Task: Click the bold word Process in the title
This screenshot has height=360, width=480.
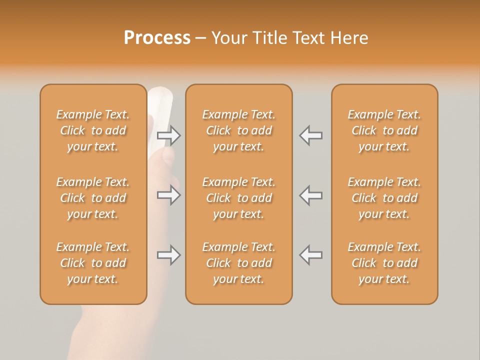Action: point(157,38)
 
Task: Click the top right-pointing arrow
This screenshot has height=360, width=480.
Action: point(169,135)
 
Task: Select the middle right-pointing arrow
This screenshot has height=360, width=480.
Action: point(169,195)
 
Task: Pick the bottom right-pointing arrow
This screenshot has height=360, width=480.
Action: point(169,255)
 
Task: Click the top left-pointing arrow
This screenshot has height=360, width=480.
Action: point(310,135)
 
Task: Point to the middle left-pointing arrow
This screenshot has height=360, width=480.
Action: point(310,195)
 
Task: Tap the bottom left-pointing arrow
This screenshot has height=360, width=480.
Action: point(310,255)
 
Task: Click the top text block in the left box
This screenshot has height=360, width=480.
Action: point(93,130)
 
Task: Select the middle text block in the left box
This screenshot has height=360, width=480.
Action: point(93,198)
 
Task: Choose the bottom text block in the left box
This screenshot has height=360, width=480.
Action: point(93,263)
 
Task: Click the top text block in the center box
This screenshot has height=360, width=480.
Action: point(238,130)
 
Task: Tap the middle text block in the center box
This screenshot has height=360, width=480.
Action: point(238,198)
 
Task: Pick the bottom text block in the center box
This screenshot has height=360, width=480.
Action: point(238,263)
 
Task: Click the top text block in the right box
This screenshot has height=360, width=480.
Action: point(384,130)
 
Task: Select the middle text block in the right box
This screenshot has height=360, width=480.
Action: point(384,198)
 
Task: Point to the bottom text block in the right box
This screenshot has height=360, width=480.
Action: point(384,263)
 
